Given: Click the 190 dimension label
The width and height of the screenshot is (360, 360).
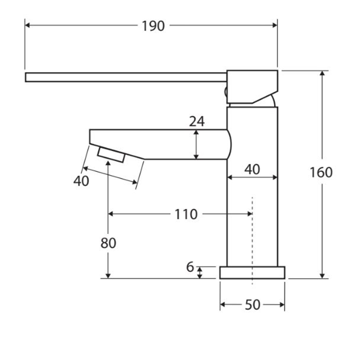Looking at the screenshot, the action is pyautogui.click(x=153, y=26).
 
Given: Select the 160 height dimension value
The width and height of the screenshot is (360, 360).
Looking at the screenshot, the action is pyautogui.click(x=321, y=172).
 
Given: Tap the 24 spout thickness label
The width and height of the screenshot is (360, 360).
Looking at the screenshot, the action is pyautogui.click(x=197, y=121).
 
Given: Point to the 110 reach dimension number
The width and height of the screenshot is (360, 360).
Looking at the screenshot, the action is pyautogui.click(x=186, y=215).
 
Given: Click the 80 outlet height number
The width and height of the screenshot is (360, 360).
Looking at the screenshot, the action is pyautogui.click(x=108, y=243).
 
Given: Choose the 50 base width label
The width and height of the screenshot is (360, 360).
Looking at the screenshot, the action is pyautogui.click(x=252, y=305).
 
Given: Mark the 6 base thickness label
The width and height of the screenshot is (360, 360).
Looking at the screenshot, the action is pyautogui.click(x=190, y=267).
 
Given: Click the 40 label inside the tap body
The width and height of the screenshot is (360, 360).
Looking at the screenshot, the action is pyautogui.click(x=252, y=170).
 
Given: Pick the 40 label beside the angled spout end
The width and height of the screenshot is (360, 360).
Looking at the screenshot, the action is pyautogui.click(x=81, y=181).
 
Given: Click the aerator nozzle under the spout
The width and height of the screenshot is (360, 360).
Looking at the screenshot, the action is pyautogui.click(x=112, y=155).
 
